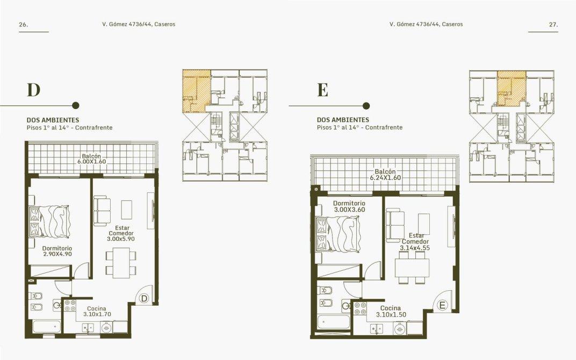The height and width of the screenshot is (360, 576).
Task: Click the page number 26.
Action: coord(24,25)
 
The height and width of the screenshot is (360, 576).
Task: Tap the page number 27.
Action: coord(553,25)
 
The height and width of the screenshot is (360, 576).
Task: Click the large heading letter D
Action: coord(33,90)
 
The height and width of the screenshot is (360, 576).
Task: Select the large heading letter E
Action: coord(322,90)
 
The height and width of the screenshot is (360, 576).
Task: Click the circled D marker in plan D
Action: coord(144,299)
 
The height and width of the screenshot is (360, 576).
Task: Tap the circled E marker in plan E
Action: coord(442,305)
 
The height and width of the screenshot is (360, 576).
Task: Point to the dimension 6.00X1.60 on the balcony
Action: coord(91,162)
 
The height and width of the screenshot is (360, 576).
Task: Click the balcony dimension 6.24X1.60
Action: coord(385,178)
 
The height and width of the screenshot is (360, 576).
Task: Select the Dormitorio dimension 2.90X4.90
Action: coord(57,254)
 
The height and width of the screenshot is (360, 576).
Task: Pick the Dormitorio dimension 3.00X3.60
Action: coord(349,210)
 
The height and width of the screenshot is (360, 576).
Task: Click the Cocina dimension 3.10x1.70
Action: coord(97,314)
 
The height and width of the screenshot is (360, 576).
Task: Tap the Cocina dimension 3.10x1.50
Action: coord(391,315)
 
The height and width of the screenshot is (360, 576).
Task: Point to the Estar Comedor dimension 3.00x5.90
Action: coord(121,239)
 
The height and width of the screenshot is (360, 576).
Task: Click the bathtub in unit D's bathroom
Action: coord(47,327)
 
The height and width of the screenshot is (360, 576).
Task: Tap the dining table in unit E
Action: coord(412,268)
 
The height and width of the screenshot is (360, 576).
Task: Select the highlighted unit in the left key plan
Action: coord(197,91)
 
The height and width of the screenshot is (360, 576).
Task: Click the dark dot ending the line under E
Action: coord(366,106)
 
